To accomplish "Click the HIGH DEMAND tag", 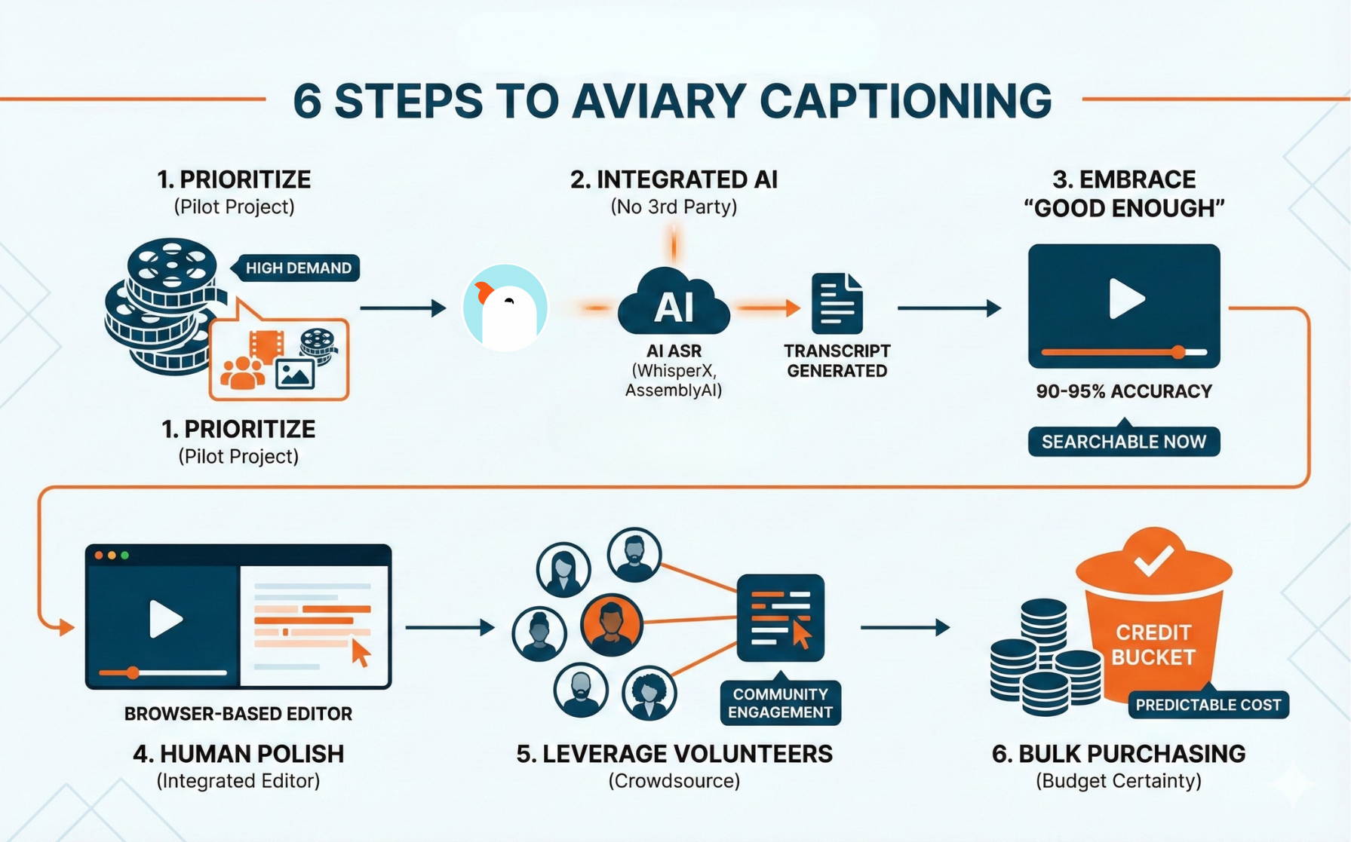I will tap(298, 268).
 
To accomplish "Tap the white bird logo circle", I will tap(505, 308).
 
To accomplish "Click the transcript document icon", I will tap(837, 304).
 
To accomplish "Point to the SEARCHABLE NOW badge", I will tap(1123, 442).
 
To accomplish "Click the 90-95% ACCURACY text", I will tap(1123, 391).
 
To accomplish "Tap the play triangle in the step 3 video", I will tap(1126, 299).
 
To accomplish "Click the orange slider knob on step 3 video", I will tap(1178, 352).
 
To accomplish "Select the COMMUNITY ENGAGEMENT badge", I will tap(780, 703).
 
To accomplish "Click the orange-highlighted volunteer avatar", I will tap(611, 625).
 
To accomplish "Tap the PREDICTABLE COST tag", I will tap(1208, 705).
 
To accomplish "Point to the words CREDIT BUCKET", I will tap(1153, 645).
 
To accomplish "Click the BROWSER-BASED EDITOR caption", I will tap(238, 714).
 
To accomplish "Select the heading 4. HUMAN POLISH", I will tap(238, 754).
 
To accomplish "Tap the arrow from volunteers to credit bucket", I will tap(904, 627).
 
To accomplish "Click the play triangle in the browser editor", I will tap(165, 619).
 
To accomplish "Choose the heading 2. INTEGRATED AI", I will tap(673, 179).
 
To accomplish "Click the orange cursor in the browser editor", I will tap(361, 653).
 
